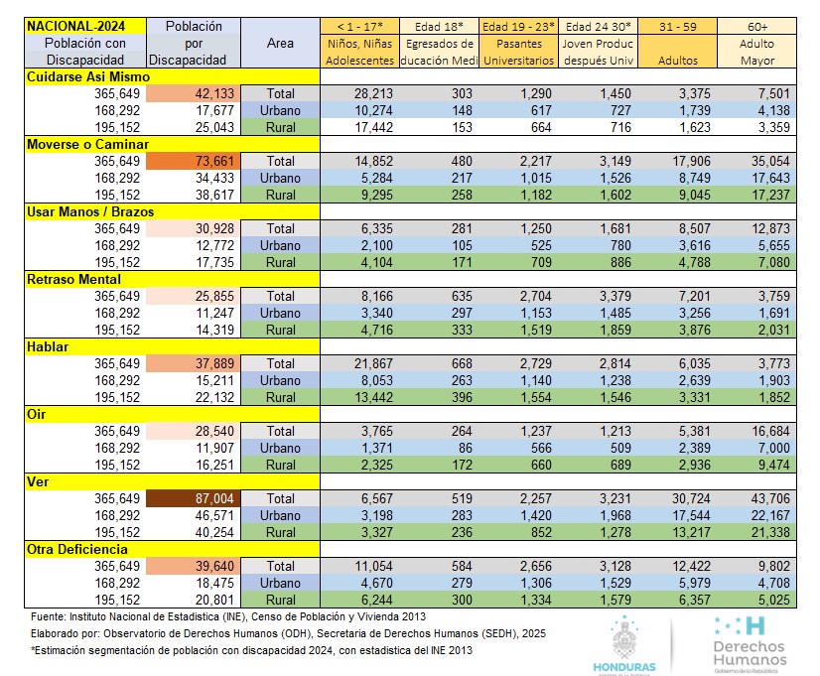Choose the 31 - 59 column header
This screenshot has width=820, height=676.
click(677, 26)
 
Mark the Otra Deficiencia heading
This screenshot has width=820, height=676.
click(78, 549)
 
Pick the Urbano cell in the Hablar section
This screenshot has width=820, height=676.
click(281, 380)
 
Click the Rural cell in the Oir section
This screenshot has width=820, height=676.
click(281, 465)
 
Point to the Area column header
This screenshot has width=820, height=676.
click(281, 44)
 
